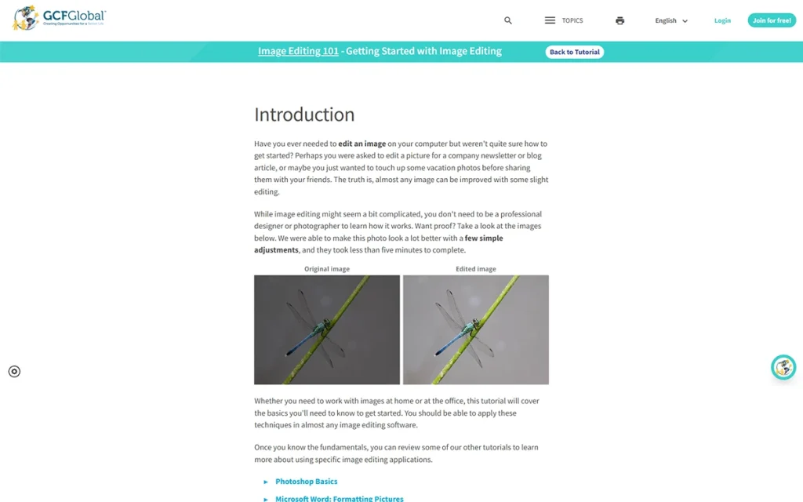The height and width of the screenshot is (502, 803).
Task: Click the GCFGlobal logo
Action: click(60, 17)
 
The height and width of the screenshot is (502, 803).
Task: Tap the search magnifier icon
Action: click(508, 20)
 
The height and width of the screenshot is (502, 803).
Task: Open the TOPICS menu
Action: click(564, 20)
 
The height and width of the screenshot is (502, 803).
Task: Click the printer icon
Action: click(620, 20)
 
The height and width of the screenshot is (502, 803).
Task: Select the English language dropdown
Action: click(671, 20)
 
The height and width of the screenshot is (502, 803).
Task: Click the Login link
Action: click(722, 20)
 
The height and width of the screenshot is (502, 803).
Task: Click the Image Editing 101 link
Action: click(298, 52)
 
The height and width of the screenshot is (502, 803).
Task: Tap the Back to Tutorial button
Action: click(575, 52)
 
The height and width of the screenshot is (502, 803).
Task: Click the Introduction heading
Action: click(304, 115)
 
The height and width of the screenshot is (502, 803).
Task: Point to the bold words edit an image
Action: click(362, 144)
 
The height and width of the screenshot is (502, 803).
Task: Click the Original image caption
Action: click(327, 269)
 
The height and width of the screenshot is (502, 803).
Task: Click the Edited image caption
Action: click(476, 269)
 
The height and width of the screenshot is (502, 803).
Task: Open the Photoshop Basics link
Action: click(307, 482)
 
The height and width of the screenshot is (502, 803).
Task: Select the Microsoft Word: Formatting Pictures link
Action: click(340, 498)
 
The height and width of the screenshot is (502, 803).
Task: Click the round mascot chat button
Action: click(783, 367)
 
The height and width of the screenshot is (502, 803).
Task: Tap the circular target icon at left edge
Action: click(14, 372)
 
